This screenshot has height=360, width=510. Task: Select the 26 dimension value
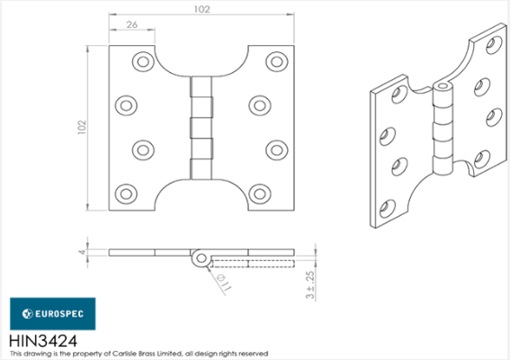click(x=131, y=25)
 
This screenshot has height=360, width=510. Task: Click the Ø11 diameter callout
click(x=221, y=283)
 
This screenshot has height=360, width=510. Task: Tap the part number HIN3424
click(x=42, y=341)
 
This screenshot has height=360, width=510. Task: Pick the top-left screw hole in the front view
click(x=143, y=61)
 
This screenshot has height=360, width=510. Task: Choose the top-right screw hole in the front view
click(x=276, y=61)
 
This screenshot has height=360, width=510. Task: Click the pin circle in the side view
click(x=199, y=259)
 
